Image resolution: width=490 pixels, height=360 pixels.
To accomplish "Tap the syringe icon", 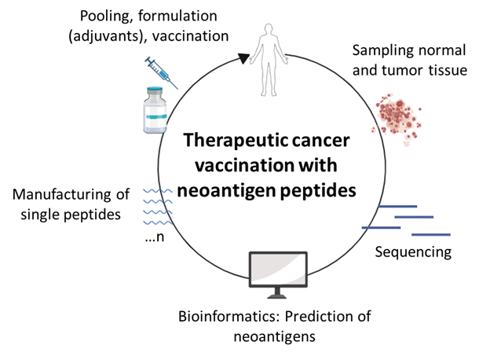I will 161,72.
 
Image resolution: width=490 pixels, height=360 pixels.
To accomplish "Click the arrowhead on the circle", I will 244,57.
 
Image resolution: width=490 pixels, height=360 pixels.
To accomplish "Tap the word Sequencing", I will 413,252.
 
